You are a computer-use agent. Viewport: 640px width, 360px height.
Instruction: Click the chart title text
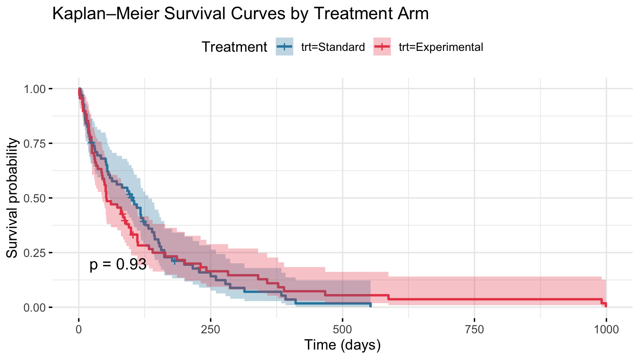(240, 14)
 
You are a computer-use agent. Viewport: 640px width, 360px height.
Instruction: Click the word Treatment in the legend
(234, 47)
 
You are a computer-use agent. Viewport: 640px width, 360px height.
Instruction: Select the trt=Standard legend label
(333, 47)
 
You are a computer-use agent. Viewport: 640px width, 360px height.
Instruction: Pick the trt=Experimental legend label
(441, 47)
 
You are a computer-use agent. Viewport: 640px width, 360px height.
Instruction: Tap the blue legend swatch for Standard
(285, 47)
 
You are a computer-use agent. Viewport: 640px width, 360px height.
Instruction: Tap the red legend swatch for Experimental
(382, 47)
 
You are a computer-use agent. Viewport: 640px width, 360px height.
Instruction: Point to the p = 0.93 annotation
(118, 264)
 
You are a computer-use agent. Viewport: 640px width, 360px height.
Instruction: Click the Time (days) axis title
(343, 345)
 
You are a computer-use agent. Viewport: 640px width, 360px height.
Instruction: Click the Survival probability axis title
(13, 198)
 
